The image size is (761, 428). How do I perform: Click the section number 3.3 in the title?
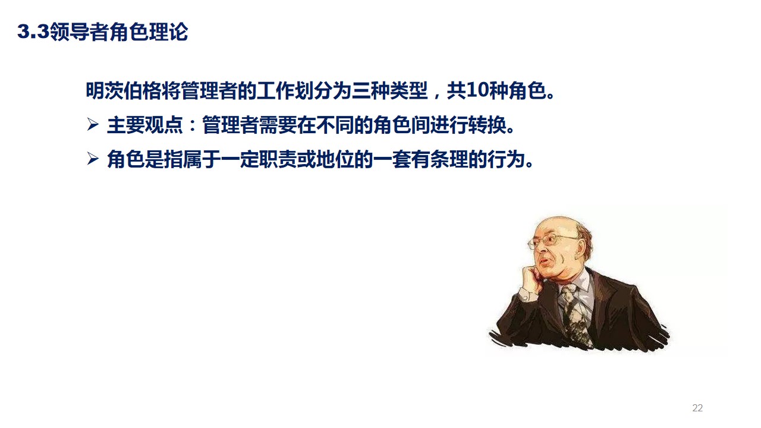pyautogui.click(x=33, y=32)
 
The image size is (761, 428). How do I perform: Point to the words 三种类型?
pyautogui.click(x=390, y=92)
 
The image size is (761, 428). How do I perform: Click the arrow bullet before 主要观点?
pyautogui.click(x=92, y=125)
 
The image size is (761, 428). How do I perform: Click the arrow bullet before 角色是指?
pyautogui.click(x=92, y=159)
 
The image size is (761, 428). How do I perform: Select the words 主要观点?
pyautogui.click(x=145, y=126)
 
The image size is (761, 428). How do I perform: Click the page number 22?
pyautogui.click(x=697, y=408)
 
